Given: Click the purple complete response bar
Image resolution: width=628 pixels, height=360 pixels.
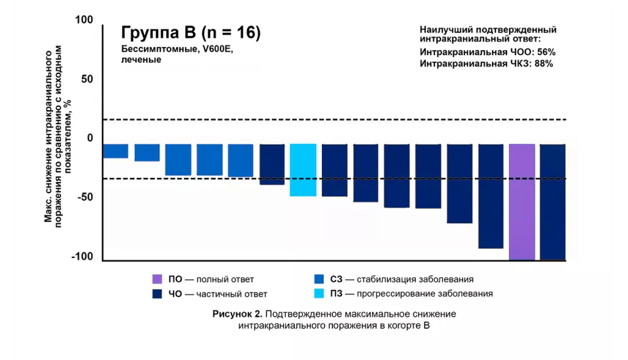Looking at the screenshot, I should point(521,202).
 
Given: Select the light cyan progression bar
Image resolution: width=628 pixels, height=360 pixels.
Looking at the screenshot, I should point(303,170).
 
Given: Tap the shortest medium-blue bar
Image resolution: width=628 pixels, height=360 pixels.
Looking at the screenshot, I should point(116,151).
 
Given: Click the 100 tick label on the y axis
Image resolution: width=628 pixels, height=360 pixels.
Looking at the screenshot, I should point(84,20).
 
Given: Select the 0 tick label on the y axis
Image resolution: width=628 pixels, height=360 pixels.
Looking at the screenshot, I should point(90,138).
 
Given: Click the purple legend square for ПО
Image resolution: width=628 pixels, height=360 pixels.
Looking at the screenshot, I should point(157,279).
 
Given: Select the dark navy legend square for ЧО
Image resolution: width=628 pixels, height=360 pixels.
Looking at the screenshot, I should point(157,294).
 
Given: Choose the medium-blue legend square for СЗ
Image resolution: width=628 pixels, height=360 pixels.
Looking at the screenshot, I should point(320,279).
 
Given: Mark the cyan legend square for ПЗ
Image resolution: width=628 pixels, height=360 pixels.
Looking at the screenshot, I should point(320,294).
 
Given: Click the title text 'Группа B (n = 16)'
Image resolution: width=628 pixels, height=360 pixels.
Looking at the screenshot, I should point(191,33).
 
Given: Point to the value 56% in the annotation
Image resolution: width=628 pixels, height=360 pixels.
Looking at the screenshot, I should point(546,52).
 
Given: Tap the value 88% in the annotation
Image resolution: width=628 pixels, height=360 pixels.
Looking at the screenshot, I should point(544,64).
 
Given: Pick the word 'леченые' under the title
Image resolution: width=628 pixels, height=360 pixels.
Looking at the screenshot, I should point(141,60).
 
